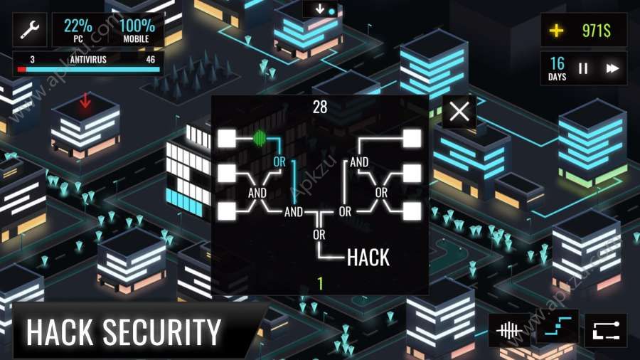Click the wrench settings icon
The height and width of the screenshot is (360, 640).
(30, 29)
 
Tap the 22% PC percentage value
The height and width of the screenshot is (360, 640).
(78, 26)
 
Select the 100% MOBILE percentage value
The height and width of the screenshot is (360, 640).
(137, 26)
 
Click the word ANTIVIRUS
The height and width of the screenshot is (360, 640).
(88, 60)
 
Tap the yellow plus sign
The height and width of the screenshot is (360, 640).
(556, 31)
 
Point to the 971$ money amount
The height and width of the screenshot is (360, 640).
(597, 31)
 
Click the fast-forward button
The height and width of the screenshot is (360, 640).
(612, 68)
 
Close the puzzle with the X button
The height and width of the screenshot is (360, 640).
(459, 112)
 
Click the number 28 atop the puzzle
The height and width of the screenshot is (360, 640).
(320, 107)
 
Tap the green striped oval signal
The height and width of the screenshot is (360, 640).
(260, 138)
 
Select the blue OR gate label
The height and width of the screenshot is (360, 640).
(279, 162)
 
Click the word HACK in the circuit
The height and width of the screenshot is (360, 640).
(368, 258)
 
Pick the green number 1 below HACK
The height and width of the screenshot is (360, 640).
(321, 283)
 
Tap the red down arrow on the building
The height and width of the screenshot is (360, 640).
(85, 100)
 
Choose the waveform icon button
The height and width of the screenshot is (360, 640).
(508, 330)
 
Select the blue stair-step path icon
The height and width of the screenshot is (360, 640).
(558, 327)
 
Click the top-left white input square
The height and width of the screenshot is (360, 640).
(227, 138)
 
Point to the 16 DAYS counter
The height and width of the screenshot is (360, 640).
(557, 68)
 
